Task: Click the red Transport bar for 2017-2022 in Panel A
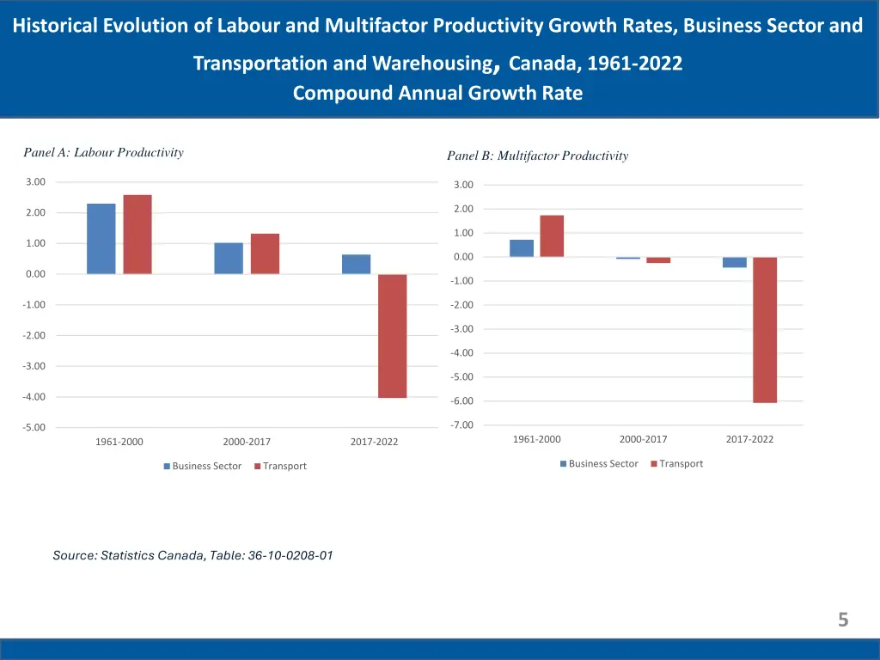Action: point(392,335)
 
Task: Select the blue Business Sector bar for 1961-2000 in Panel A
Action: point(101,239)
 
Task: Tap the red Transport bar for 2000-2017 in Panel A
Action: point(265,254)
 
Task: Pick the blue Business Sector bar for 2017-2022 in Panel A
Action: point(356,264)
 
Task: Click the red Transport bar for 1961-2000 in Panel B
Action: point(552,236)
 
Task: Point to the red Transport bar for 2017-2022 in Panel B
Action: point(765,329)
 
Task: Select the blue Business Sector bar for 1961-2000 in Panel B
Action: point(522,248)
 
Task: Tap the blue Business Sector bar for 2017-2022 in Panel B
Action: point(735,262)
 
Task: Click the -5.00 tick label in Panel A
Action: point(34,428)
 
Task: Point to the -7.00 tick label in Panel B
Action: point(462,425)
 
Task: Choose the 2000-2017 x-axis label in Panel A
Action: point(247,442)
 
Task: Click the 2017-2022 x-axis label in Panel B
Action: point(749,439)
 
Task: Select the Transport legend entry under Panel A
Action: point(284,466)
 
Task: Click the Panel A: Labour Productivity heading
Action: point(103,153)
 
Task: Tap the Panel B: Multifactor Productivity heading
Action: point(537,156)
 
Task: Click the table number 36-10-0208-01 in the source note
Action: point(290,555)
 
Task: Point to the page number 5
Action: point(843,620)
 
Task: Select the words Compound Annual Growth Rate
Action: point(437,94)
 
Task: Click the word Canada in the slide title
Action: point(541,64)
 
